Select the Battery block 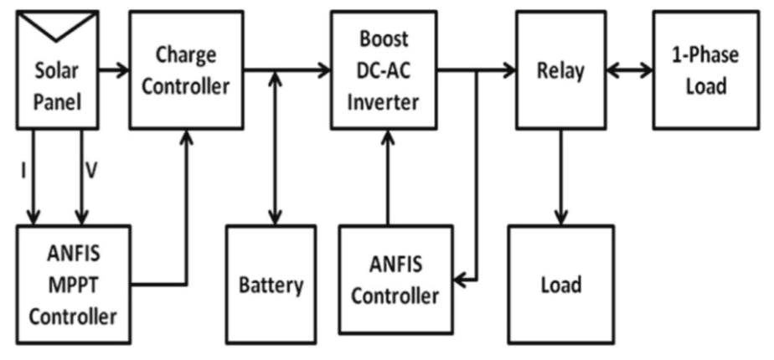pos(271,285)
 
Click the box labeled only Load pos(560,285)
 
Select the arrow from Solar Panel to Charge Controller pos(114,70)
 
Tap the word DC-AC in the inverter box pos(384,70)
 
